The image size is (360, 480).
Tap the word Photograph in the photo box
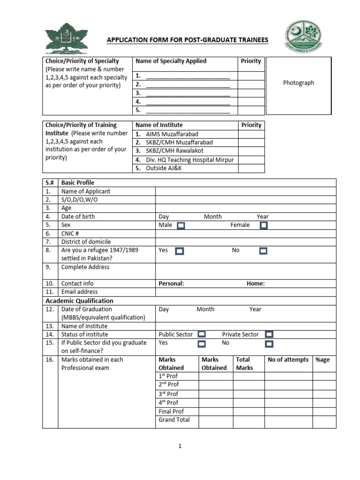(x=299, y=83)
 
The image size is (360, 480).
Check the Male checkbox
(x=181, y=225)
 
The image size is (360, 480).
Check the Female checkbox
(x=263, y=225)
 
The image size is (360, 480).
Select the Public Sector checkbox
(x=201, y=334)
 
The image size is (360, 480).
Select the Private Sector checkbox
(x=269, y=334)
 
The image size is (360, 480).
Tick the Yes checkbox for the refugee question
(x=179, y=251)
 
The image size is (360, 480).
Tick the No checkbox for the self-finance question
(x=269, y=344)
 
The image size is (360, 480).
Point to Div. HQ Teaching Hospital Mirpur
(x=189, y=159)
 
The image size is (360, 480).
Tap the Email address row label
(x=79, y=292)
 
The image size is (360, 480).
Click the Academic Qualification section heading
(x=79, y=300)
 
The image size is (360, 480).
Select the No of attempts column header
(x=288, y=360)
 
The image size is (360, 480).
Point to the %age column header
(x=322, y=360)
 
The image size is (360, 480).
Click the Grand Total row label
(x=174, y=420)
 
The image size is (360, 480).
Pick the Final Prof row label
(x=171, y=411)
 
